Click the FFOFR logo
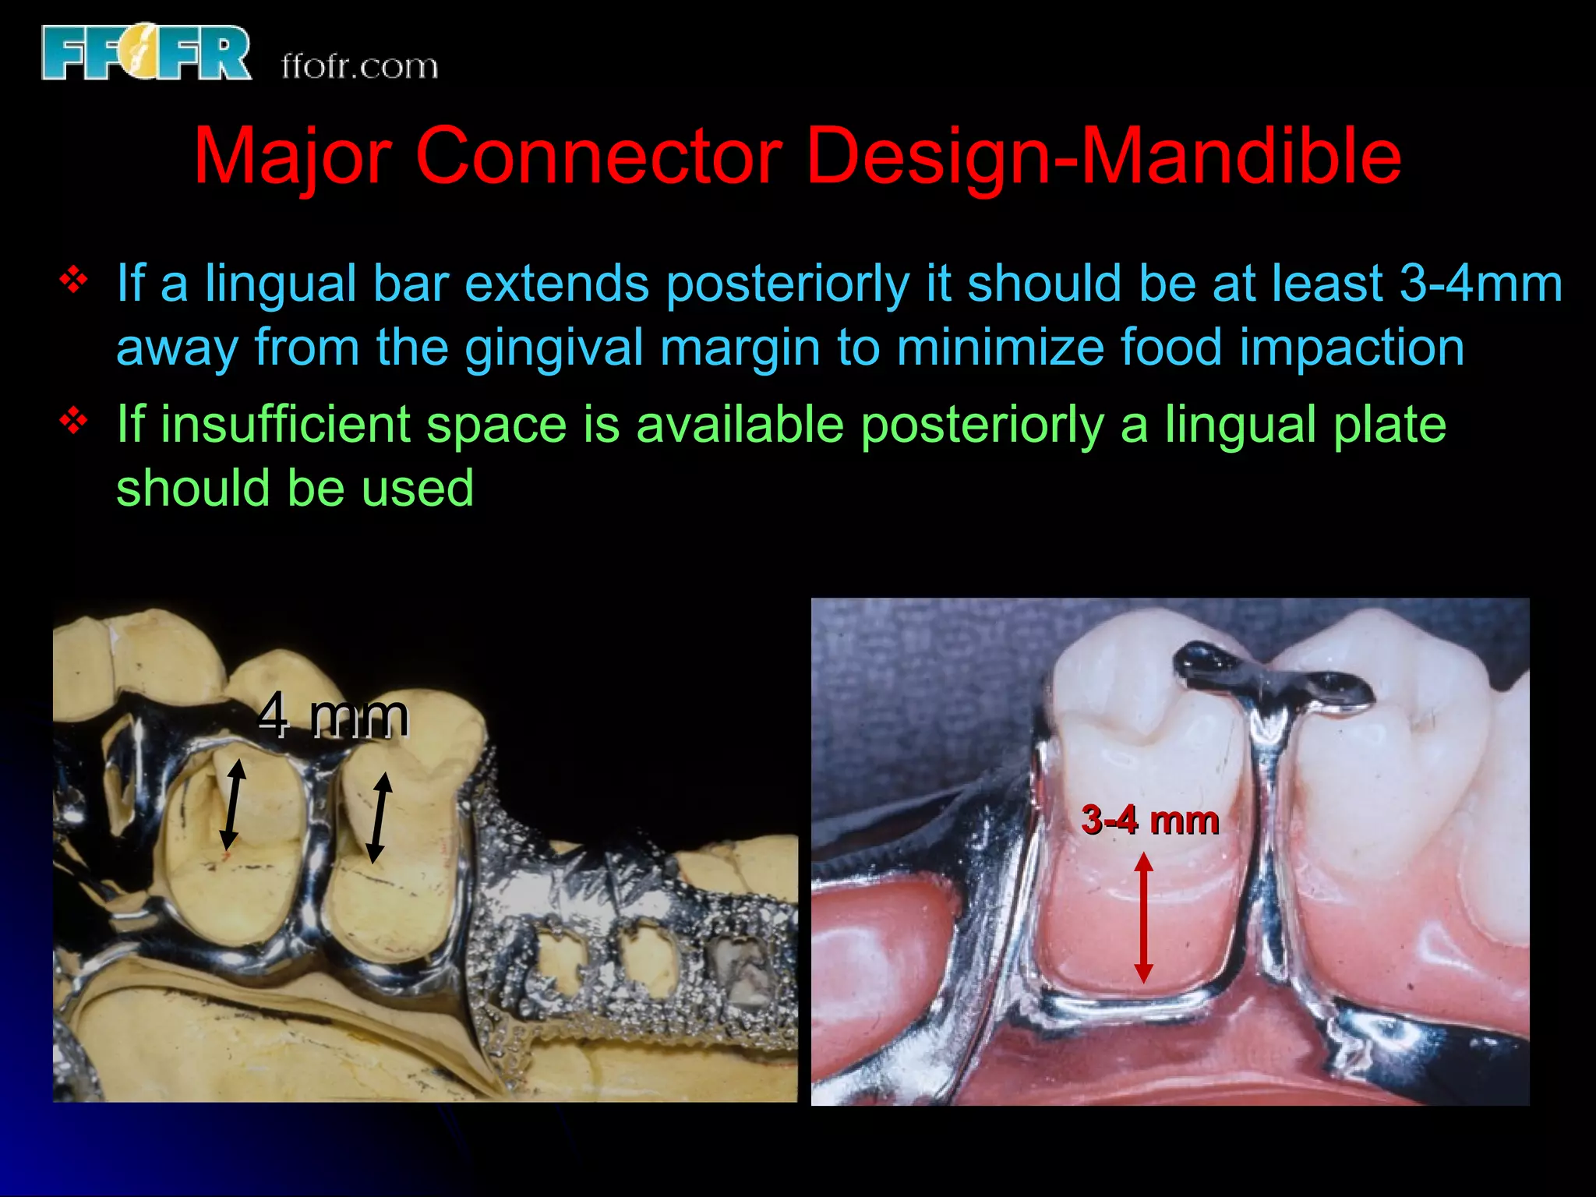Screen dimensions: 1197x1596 pos(146,52)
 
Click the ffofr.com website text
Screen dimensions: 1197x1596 pos(359,66)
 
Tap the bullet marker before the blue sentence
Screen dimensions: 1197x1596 pos(73,281)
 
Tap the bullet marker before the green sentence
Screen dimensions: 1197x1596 pos(73,422)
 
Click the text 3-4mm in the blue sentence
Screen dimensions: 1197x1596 pos(1481,283)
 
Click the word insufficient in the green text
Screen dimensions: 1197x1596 pos(285,425)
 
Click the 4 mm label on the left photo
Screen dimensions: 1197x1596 pos(334,716)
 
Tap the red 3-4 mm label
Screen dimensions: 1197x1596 pos(1149,821)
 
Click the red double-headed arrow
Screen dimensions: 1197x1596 pos(1143,917)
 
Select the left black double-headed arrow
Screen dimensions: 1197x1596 pos(232,805)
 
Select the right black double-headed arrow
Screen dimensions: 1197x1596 pos(380,817)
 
